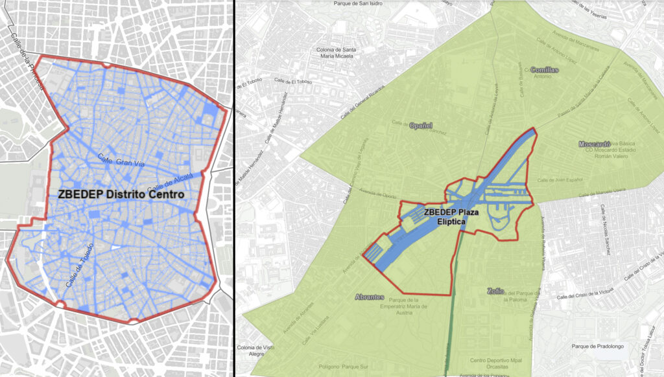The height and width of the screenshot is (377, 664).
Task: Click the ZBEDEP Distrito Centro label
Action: pos(121,194)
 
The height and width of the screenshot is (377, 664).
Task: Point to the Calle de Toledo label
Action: pos(80,265)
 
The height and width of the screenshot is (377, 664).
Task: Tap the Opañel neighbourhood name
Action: pos(420,125)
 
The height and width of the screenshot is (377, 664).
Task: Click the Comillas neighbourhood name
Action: pos(544,69)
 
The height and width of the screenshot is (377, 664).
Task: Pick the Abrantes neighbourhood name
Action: pos(370,297)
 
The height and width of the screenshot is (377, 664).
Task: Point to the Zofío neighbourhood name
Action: pos(495,291)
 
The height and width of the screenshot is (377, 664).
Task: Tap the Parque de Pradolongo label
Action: pos(597,347)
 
